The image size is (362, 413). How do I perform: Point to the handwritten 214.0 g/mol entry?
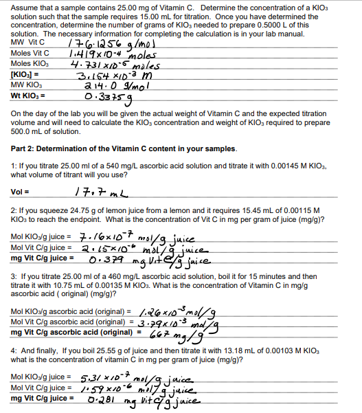point(103,85)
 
